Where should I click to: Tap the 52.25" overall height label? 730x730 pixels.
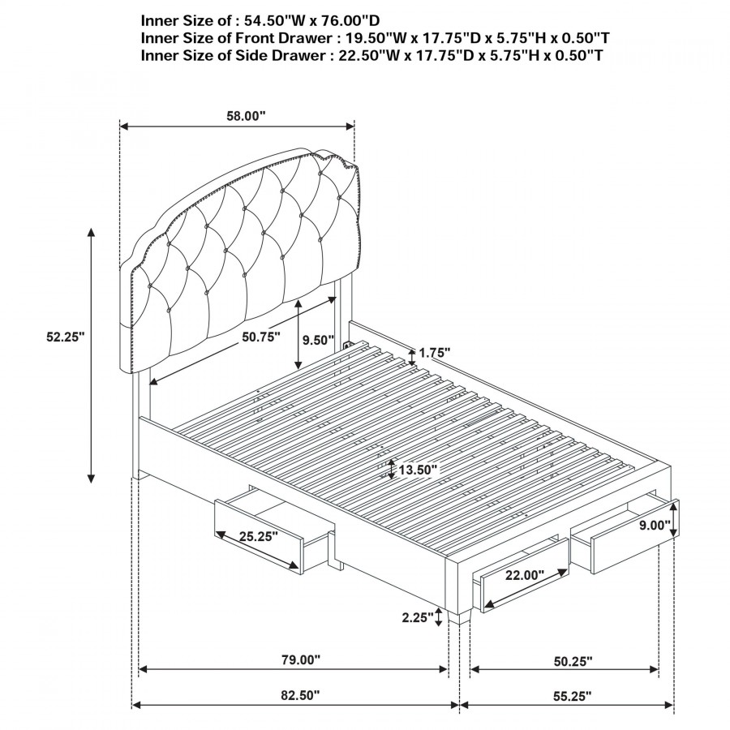pos(65,337)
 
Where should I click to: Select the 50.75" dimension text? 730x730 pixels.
pos(260,337)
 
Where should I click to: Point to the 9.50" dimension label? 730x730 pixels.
pos(319,340)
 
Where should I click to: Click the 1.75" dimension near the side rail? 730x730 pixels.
pos(435,353)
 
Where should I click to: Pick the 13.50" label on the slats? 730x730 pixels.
pos(418,470)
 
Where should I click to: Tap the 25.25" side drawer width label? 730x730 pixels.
pos(259,536)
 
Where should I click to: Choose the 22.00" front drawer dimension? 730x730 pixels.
pos(525,575)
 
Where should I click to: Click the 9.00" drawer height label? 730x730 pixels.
pos(654,525)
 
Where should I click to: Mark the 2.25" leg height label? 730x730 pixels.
pos(418,617)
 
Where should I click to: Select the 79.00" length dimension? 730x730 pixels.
pos(301,659)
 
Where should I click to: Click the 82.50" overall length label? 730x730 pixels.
pos(300,696)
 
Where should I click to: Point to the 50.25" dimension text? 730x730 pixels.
pos(573,661)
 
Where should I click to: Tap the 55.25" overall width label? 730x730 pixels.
pos(572,697)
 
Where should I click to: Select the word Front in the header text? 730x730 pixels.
pos(256,37)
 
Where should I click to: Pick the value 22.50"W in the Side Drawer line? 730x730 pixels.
pos(364,55)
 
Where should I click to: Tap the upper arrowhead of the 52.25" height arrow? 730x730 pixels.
pos(92,233)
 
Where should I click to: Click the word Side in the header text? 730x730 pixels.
pos(251,55)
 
